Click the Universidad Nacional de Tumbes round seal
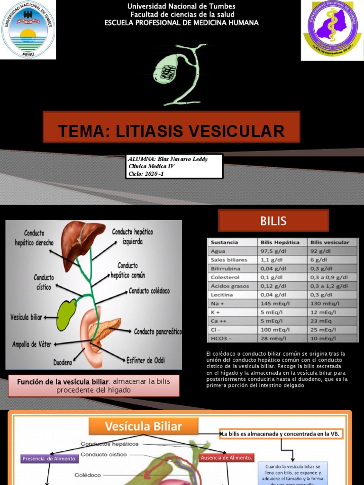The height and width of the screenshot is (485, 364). (28, 29)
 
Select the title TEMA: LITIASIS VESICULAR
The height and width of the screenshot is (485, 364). (171, 131)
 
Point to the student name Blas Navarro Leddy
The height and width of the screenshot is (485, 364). (168, 159)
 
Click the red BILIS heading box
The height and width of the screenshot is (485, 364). (273, 221)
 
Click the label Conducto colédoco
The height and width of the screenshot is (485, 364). (149, 291)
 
